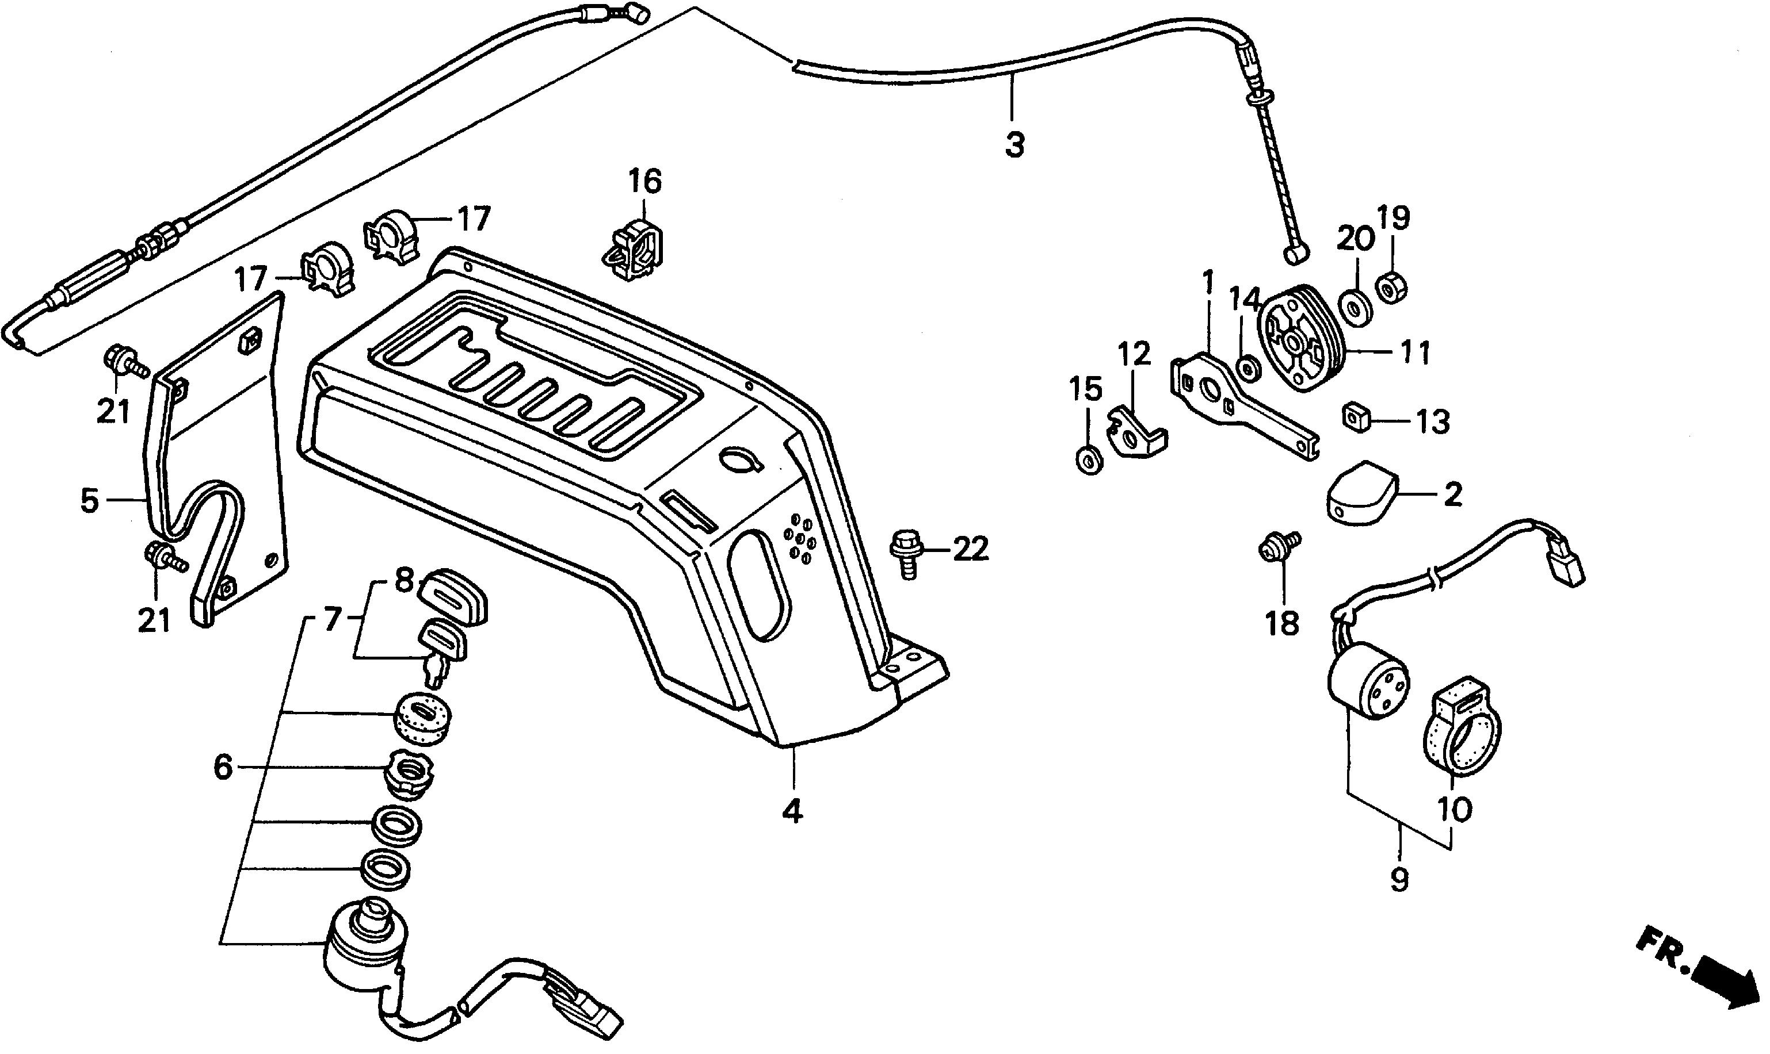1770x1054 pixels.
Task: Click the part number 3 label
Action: tap(1014, 145)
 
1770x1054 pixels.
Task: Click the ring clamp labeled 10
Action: tap(1455, 731)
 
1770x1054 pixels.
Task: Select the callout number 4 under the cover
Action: tap(792, 811)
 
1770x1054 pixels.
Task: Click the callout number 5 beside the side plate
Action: tap(89, 501)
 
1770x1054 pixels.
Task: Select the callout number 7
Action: tap(333, 619)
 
